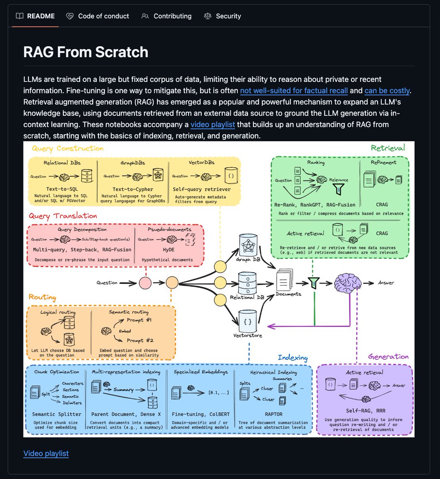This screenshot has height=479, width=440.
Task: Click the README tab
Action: pos(35,16)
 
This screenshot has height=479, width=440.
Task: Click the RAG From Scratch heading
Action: pos(86,52)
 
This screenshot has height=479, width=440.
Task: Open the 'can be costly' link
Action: pos(387,91)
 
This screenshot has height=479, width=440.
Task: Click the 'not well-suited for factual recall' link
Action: pos(294,91)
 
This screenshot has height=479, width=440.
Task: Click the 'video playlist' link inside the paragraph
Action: pos(213,125)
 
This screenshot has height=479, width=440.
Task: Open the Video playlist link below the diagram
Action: pos(46,453)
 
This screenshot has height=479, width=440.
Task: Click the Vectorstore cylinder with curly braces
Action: pos(248,321)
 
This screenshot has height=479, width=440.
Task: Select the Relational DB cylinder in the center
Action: pos(247,283)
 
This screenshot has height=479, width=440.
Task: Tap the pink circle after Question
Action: pos(145,283)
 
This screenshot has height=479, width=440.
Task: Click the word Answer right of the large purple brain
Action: pos(386,283)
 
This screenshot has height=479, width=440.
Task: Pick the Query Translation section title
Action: pos(63,216)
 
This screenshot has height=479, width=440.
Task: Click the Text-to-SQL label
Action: pos(62,189)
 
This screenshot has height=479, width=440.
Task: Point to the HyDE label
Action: pos(167,250)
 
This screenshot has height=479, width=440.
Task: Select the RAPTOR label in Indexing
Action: pos(273,414)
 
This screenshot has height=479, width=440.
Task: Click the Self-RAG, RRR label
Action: pos(365,411)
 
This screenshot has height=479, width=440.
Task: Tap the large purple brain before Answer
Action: pos(348,283)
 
